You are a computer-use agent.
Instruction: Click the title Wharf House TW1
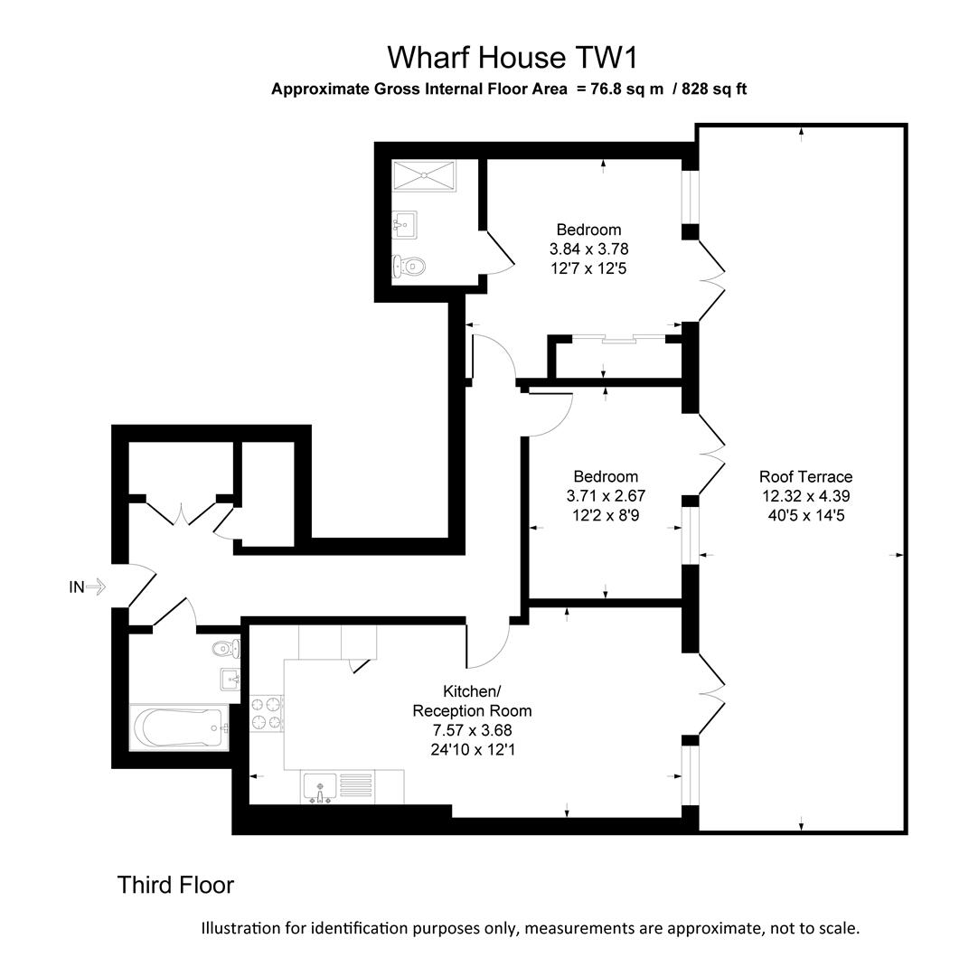pyautogui.click(x=513, y=58)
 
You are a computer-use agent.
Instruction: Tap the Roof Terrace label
pyautogui.click(x=805, y=476)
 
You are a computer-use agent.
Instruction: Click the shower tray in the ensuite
pyautogui.click(x=424, y=174)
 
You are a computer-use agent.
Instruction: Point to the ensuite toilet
pyautogui.click(x=409, y=266)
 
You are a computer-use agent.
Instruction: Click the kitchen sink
pyautogui.click(x=319, y=787)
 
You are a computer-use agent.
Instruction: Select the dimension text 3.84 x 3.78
pyautogui.click(x=588, y=249)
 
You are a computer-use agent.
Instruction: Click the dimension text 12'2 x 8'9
pyautogui.click(x=606, y=515)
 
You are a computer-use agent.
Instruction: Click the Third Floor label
pyautogui.click(x=175, y=886)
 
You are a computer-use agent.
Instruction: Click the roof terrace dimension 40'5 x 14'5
pyautogui.click(x=805, y=515)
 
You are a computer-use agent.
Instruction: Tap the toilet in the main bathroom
pyautogui.click(x=226, y=648)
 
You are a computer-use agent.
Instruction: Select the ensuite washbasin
pyautogui.click(x=403, y=223)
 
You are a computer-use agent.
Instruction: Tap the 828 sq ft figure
pyautogui.click(x=715, y=89)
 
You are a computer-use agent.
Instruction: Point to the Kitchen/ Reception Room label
pyautogui.click(x=473, y=700)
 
